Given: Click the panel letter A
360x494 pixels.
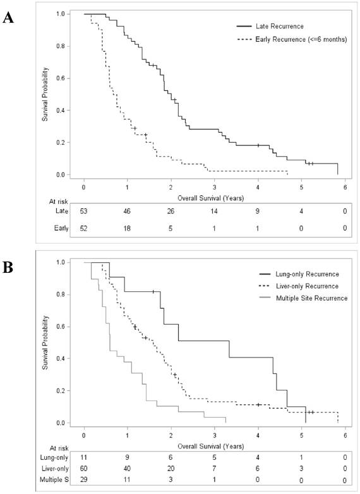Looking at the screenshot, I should click(8, 17).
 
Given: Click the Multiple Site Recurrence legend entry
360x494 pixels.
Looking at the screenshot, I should click(302, 298).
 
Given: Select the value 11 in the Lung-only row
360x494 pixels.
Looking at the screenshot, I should click(84, 456).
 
